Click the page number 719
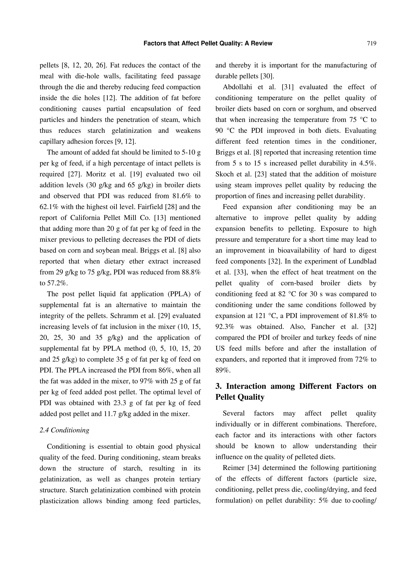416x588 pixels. (x=371, y=43)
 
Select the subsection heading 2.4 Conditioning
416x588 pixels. (x=64, y=430)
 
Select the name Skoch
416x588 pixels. (x=224, y=174)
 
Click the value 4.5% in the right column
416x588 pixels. (x=368, y=163)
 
